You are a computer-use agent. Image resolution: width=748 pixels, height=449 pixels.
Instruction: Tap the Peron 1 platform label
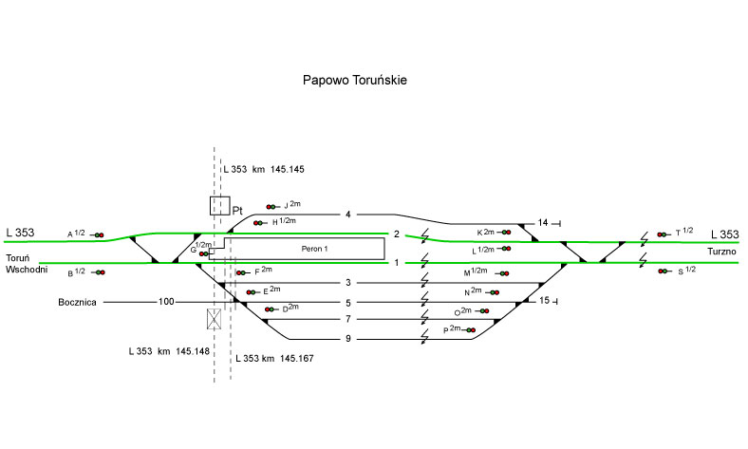314,249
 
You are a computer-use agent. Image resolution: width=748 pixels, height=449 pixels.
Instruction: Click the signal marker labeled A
98,234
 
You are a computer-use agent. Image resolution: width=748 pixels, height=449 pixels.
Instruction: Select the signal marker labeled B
98,272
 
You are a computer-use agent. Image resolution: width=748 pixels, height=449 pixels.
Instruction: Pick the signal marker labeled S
664,271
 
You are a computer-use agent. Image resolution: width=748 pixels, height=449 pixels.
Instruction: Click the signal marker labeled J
272,206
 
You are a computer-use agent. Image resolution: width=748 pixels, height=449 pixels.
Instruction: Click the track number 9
348,339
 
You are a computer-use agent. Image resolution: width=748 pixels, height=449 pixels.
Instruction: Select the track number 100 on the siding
167,302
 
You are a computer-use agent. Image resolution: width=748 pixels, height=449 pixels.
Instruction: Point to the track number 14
543,223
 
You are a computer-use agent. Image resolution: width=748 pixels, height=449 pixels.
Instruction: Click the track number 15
544,301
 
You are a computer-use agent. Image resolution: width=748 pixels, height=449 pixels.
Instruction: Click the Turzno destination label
721,251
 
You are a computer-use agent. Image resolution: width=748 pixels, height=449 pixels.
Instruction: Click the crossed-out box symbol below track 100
215,318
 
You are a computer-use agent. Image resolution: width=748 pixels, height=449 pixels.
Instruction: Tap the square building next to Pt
219,205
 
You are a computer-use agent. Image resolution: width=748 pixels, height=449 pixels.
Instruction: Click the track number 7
348,320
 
